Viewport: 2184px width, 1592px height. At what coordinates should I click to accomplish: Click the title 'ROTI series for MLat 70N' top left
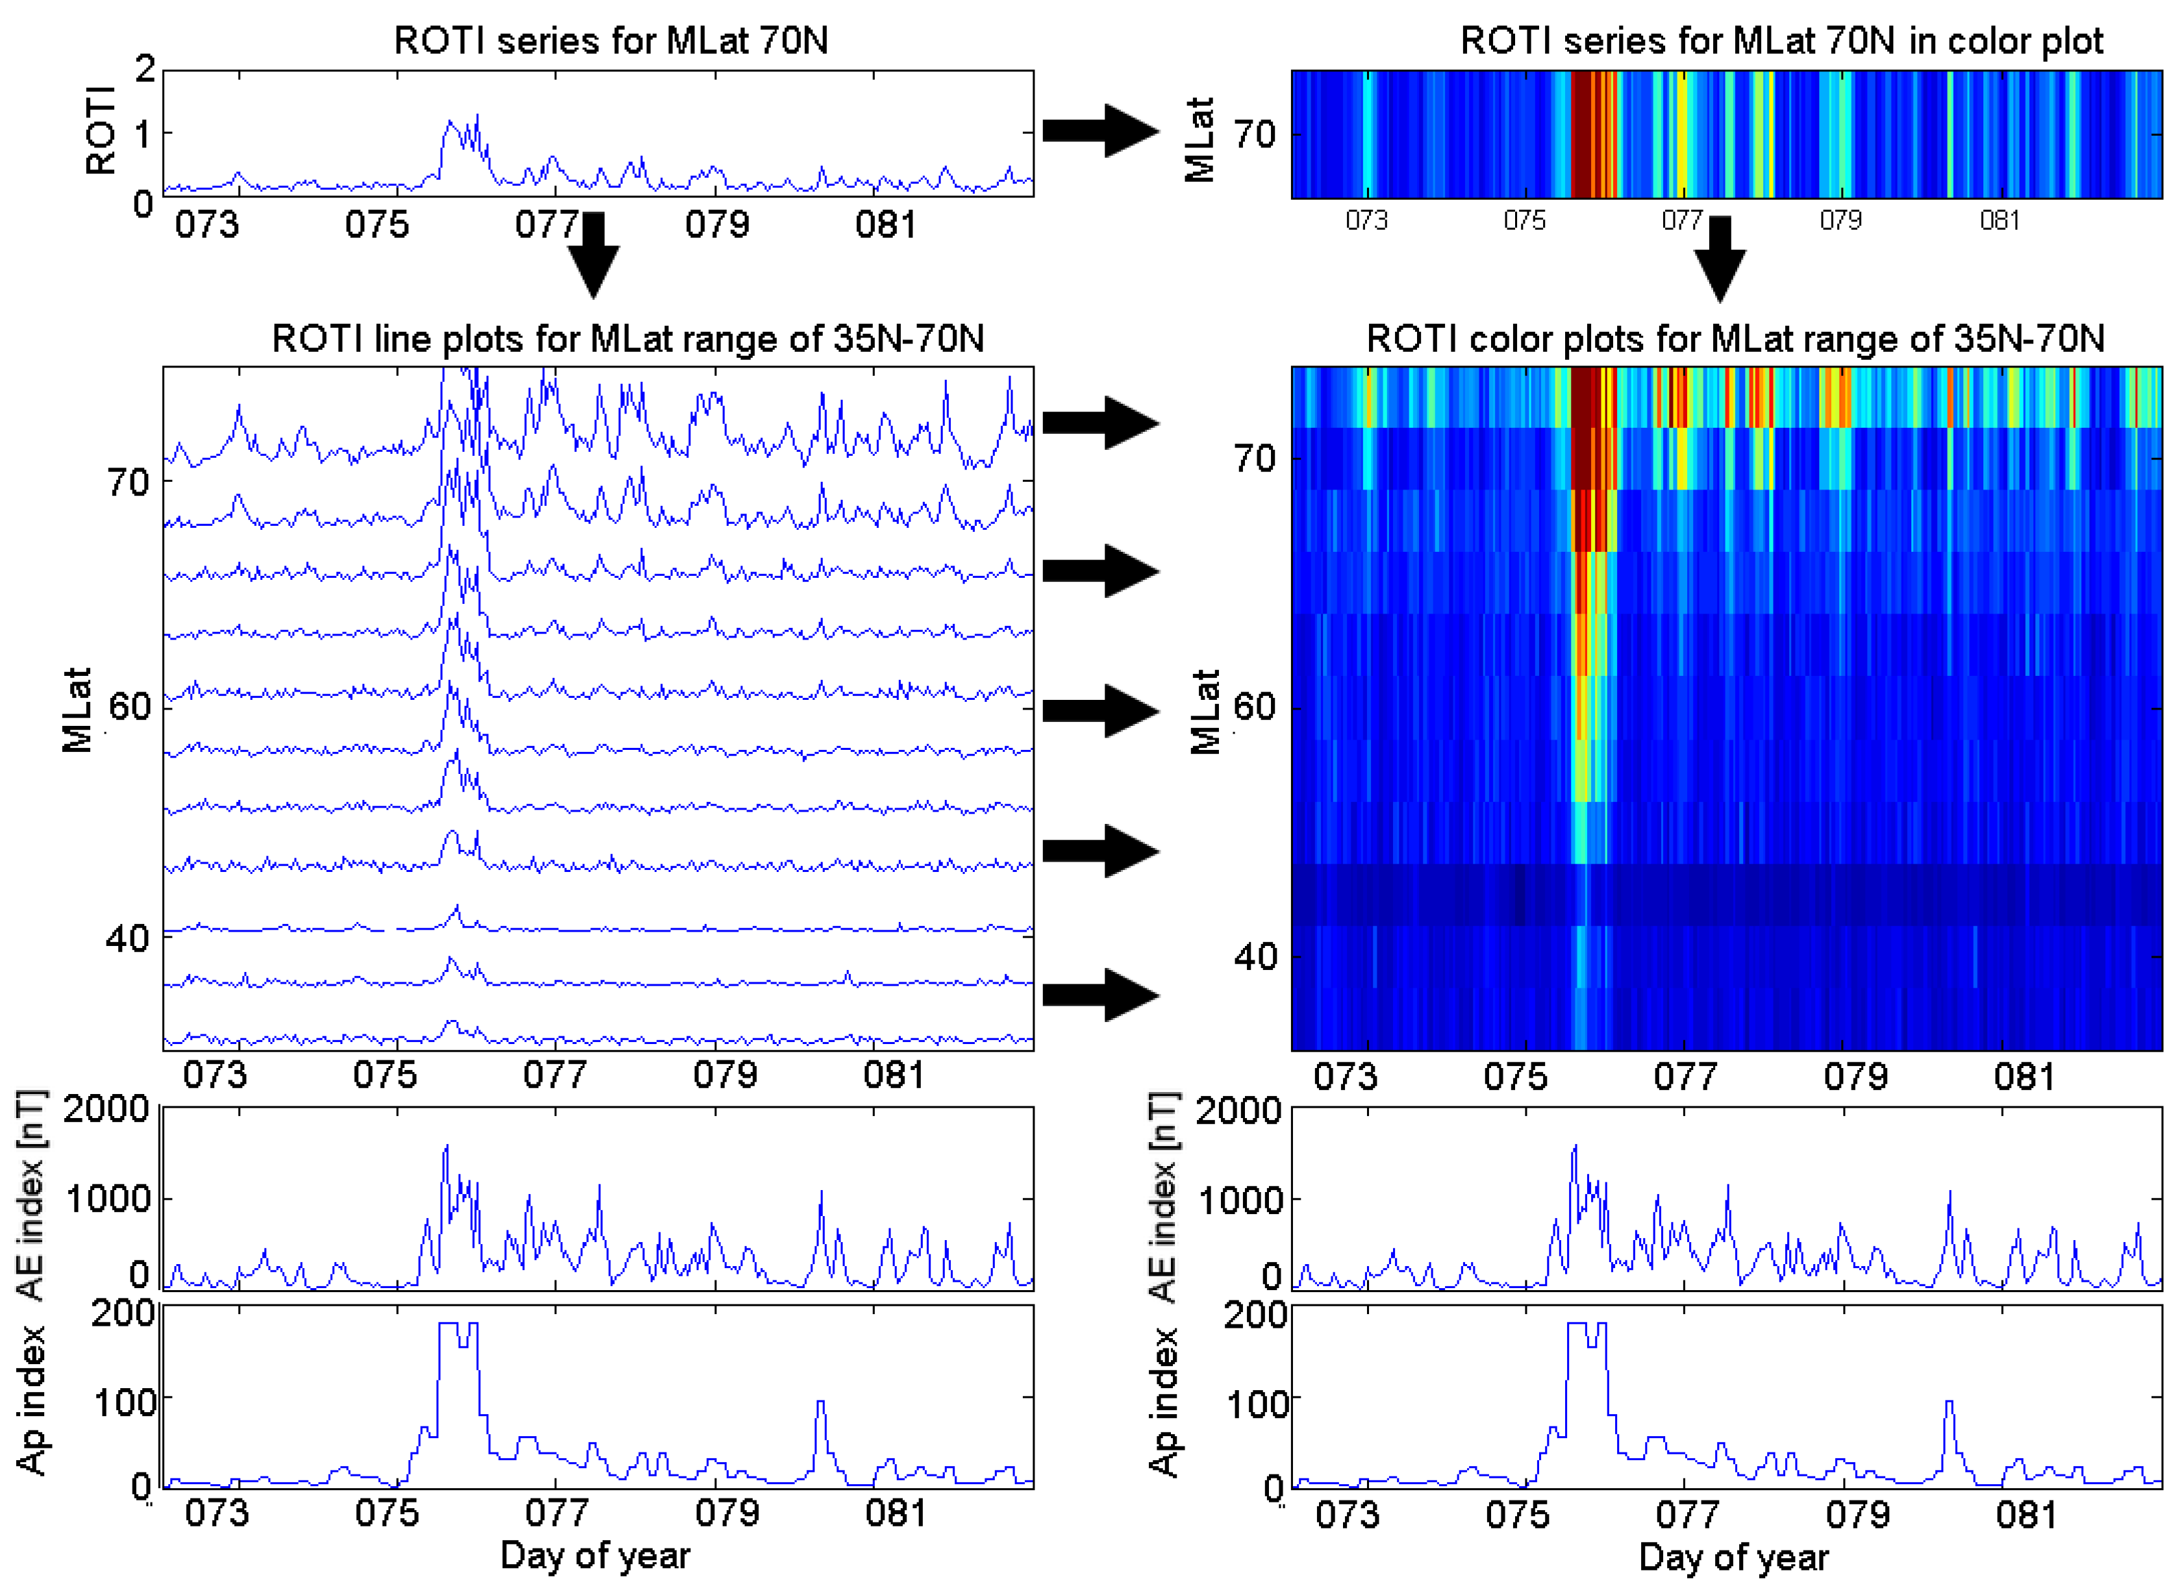click(611, 40)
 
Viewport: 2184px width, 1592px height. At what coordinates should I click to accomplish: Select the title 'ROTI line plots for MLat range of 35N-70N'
click(627, 338)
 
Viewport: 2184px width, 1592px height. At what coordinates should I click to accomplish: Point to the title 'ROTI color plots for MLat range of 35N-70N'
click(1734, 338)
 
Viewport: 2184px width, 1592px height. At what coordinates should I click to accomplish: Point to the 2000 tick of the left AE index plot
click(106, 1108)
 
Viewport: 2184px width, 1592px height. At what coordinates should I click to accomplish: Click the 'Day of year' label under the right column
click(1732, 1556)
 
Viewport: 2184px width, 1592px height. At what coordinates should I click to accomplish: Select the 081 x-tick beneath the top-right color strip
click(1998, 221)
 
